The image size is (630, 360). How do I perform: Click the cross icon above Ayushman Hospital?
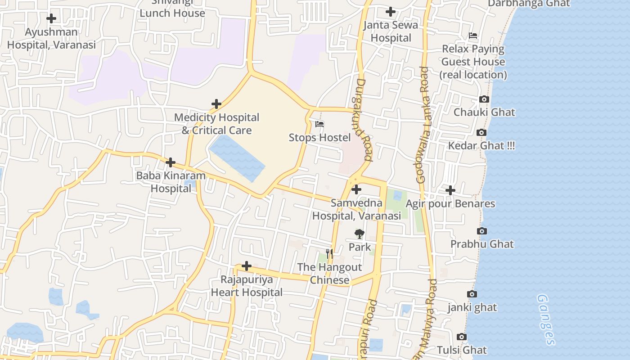click(51, 18)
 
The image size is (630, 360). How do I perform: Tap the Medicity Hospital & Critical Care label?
click(216, 124)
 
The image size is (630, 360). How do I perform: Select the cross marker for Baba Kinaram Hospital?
click(171, 162)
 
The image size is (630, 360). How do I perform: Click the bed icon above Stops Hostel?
click(319, 124)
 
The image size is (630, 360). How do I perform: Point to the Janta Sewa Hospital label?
click(391, 31)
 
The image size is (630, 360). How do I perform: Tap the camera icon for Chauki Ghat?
click(484, 99)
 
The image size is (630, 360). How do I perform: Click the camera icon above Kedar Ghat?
click(481, 133)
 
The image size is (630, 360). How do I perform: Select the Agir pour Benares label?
click(450, 204)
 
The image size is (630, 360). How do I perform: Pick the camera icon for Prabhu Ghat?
click(482, 231)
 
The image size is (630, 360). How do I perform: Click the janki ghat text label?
click(472, 307)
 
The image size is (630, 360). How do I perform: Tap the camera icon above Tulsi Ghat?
click(461, 337)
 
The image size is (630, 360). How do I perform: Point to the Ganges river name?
click(545, 319)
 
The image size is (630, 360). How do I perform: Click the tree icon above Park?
click(359, 234)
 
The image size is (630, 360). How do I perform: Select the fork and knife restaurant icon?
click(329, 254)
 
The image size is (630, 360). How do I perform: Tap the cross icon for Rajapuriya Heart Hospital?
click(247, 266)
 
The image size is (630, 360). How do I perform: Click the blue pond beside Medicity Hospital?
click(237, 157)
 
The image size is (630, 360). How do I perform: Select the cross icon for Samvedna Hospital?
click(356, 190)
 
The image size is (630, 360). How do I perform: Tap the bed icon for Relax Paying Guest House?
click(473, 36)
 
